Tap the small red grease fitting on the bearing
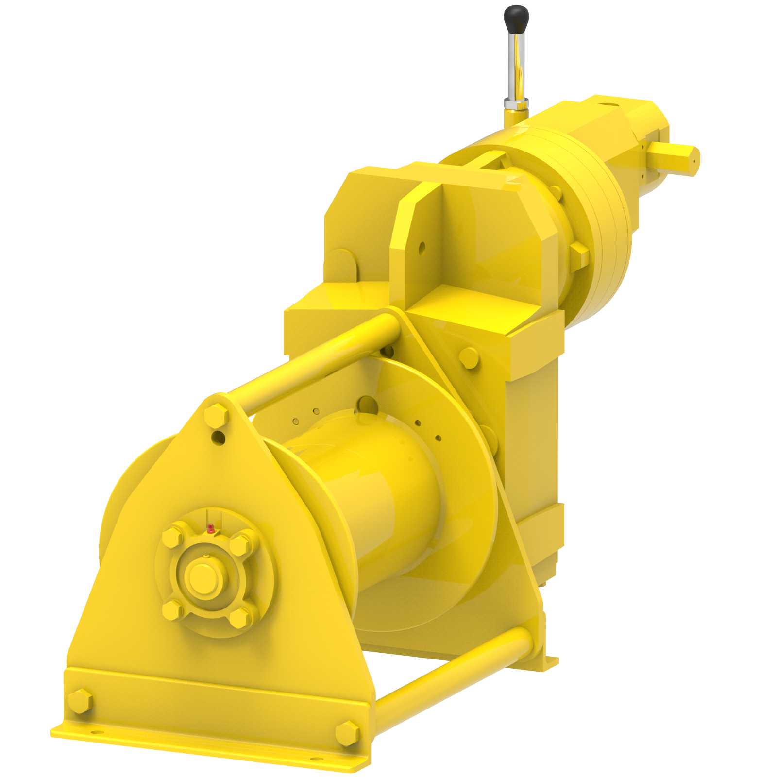pyautogui.click(x=210, y=528)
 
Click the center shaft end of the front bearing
pyautogui.click(x=203, y=578)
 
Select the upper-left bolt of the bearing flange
pyautogui.click(x=172, y=537)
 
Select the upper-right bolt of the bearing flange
pyautogui.click(x=239, y=544)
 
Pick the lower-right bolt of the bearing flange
pyautogui.click(x=239, y=618)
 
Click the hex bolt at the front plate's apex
pyautogui.click(x=216, y=415)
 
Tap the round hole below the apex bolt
pyautogui.click(x=219, y=438)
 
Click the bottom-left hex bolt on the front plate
pyautogui.click(x=80, y=701)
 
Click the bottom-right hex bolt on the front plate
pyautogui.click(x=347, y=733)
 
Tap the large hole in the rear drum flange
pyautogui.click(x=368, y=405)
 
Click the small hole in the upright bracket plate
pyautogui.click(x=422, y=248)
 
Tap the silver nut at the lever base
pyautogui.click(x=516, y=103)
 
